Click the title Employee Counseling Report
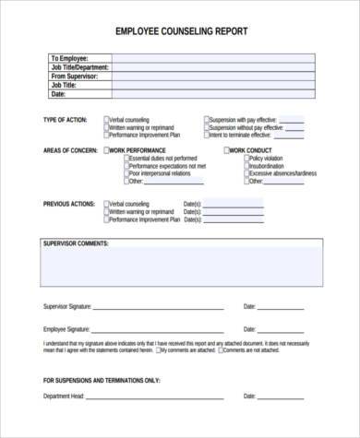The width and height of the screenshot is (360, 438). point(181,30)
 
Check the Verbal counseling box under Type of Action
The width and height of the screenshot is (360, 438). point(105,120)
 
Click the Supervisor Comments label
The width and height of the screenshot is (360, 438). point(76,243)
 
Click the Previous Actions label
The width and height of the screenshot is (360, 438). point(68,203)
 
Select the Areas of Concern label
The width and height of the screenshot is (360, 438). point(70,149)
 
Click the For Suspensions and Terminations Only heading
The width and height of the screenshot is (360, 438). point(102,379)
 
